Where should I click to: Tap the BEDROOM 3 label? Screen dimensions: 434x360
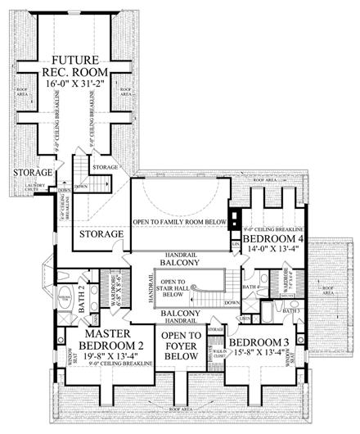tap(262, 341)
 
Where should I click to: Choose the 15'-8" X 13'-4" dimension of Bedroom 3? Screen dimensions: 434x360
tap(262, 354)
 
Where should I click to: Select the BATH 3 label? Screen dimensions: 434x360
tap(291, 311)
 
